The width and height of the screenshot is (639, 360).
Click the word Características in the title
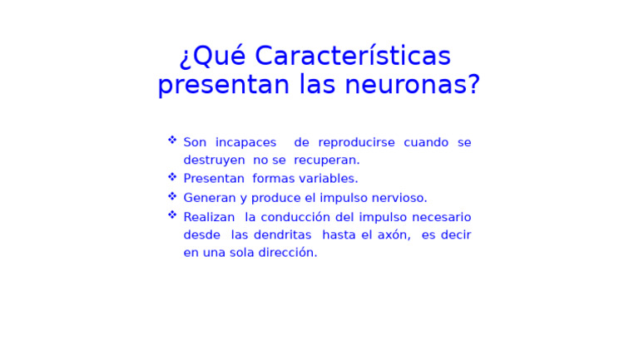coord(353,57)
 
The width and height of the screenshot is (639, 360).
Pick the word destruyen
coord(214,160)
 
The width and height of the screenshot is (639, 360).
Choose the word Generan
coord(210,198)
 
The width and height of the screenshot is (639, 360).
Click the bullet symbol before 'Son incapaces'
coord(172,140)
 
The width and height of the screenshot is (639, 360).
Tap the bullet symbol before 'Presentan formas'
coord(172,176)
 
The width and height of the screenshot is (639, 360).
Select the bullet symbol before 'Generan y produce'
coord(172,195)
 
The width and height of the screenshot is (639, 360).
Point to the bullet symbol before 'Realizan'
coord(172,215)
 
